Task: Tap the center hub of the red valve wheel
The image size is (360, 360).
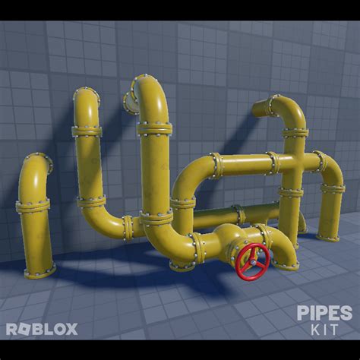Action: (252, 261)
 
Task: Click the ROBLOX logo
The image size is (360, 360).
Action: (42, 329)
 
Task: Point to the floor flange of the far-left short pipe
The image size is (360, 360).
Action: (39, 270)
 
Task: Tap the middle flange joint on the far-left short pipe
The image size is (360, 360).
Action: (33, 205)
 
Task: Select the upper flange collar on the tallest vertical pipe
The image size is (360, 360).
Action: (154, 129)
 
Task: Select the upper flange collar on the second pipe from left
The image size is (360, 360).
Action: (87, 131)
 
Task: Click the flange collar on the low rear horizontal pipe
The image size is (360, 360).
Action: (238, 213)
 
